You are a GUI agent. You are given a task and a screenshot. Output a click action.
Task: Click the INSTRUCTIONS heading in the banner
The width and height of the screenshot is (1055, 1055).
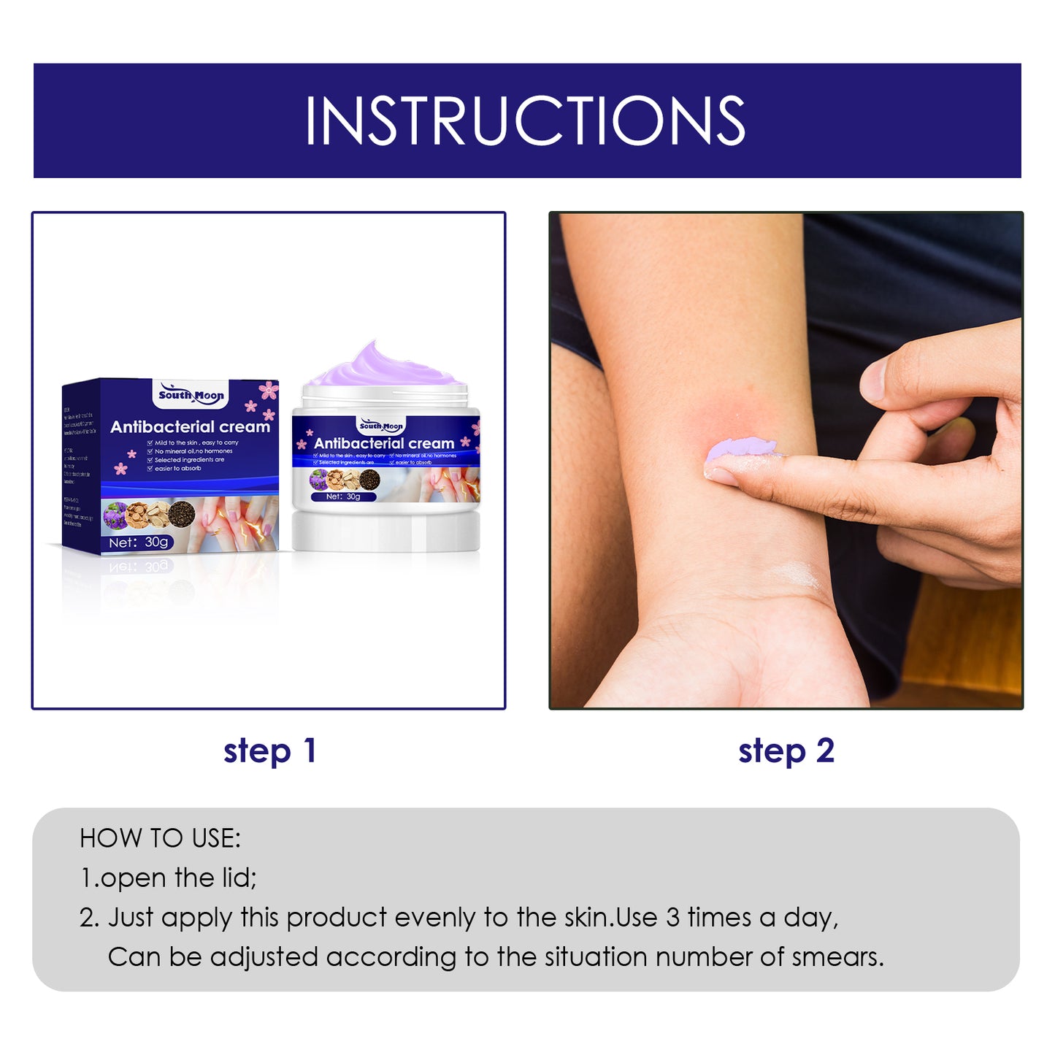click(x=525, y=121)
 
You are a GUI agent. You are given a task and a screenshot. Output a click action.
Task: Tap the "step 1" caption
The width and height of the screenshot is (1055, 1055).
click(x=269, y=751)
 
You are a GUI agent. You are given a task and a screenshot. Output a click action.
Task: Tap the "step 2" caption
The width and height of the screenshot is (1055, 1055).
click(x=786, y=751)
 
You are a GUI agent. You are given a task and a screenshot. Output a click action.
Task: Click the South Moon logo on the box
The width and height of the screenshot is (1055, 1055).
click(x=191, y=396)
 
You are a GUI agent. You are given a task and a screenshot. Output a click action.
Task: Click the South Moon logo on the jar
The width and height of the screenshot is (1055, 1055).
click(x=381, y=426)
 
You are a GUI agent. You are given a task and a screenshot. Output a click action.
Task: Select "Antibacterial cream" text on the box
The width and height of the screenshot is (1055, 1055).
click(x=190, y=427)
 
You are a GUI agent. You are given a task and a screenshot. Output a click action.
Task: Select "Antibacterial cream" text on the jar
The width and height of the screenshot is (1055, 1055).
click(x=384, y=443)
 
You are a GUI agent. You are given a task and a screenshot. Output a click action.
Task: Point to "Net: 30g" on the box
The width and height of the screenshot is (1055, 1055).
click(x=138, y=542)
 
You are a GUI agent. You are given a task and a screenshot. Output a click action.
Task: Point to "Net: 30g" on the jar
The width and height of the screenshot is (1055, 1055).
click(x=343, y=496)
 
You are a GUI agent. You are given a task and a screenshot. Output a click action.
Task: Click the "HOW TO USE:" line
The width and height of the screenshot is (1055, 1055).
click(x=160, y=838)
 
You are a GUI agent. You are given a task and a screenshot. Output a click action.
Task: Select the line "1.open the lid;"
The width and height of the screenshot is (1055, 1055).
click(x=168, y=878)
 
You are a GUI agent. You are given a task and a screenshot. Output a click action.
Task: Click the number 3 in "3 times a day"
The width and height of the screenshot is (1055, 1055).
click(x=672, y=918)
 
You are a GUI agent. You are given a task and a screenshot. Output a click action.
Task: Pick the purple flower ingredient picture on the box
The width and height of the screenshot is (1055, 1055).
click(x=115, y=515)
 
